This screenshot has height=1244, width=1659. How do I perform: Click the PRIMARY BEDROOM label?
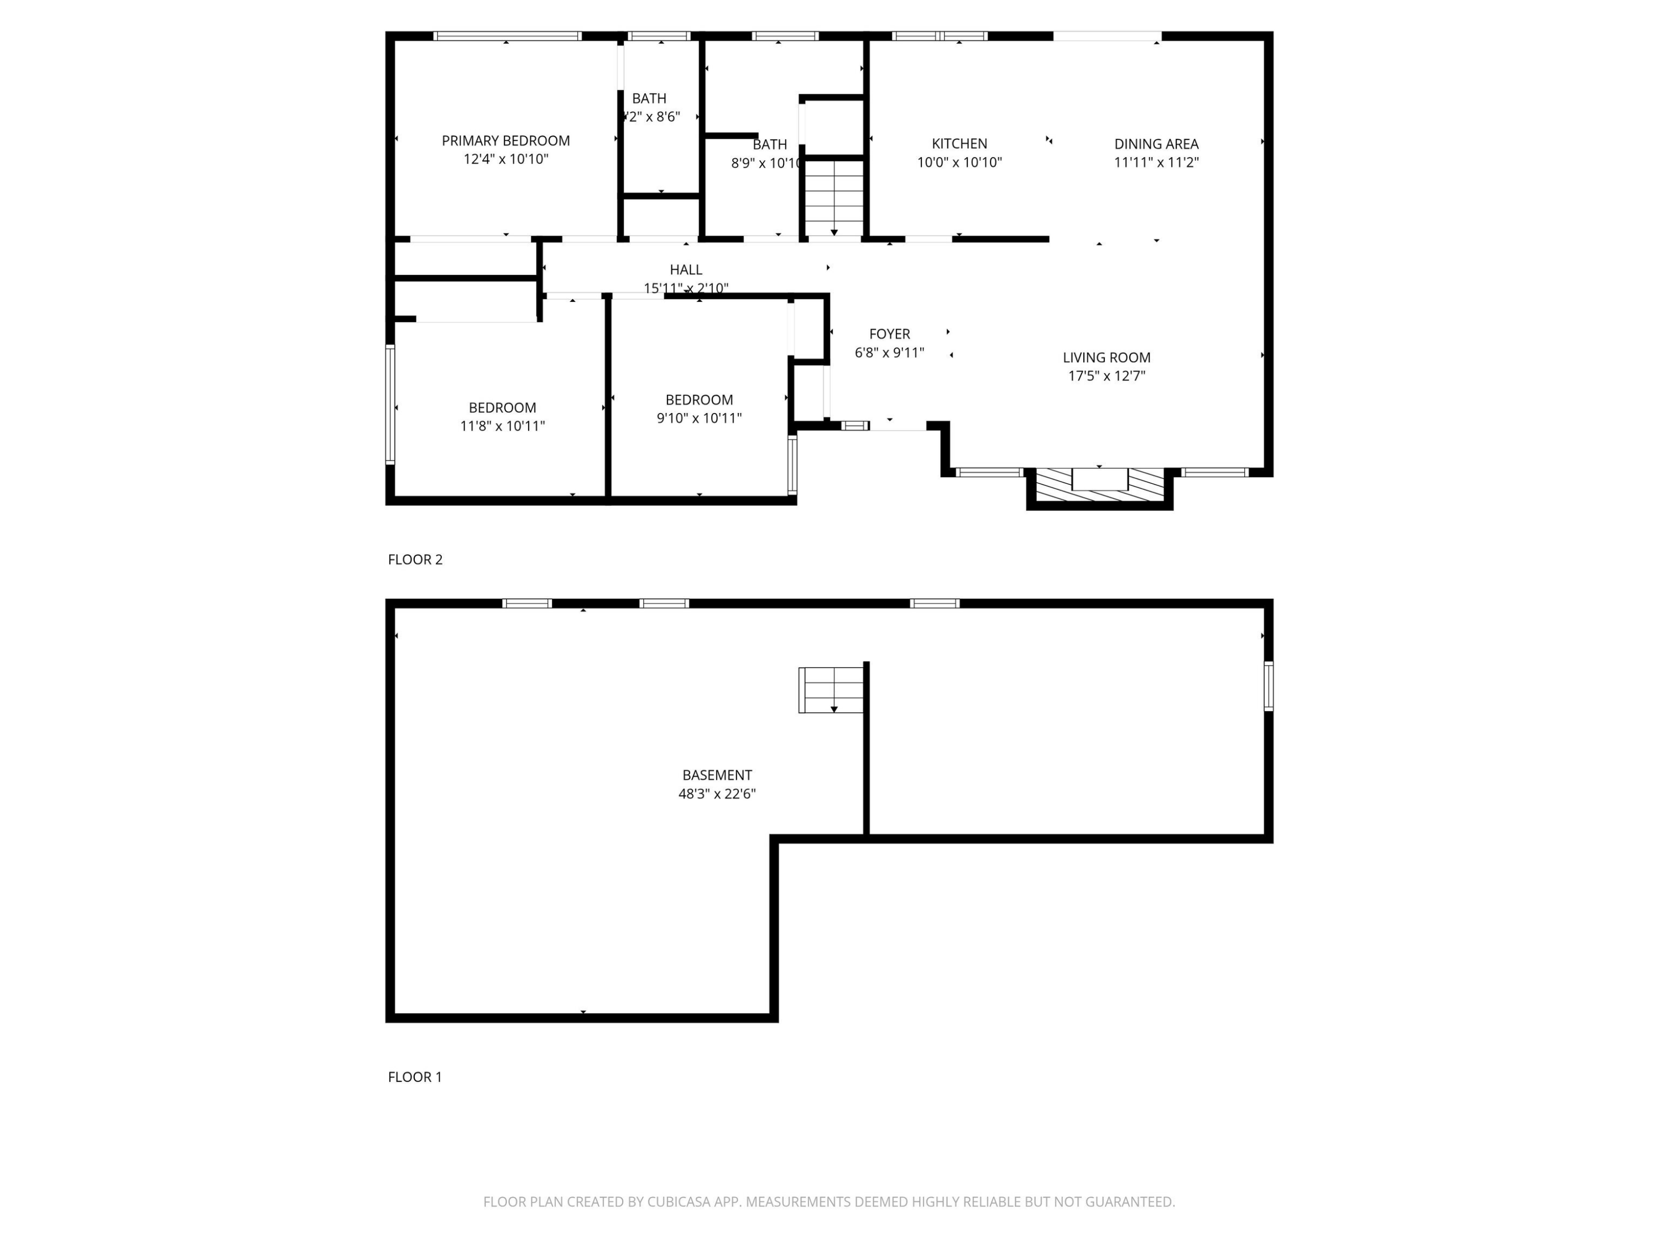click(505, 141)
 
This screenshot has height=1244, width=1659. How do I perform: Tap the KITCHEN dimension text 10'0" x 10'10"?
click(959, 163)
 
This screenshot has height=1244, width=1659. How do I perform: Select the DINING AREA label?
click(1156, 144)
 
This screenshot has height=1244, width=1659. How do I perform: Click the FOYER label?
click(889, 334)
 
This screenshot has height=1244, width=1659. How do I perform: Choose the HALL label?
click(686, 270)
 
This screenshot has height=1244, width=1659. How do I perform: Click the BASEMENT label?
click(716, 775)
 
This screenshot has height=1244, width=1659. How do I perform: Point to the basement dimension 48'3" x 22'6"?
click(716, 794)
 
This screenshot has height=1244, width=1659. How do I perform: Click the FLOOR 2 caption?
click(415, 560)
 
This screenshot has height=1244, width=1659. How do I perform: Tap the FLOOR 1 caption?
click(415, 1077)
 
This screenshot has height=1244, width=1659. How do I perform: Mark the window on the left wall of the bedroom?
click(390, 404)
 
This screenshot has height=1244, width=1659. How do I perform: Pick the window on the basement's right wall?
click(1268, 686)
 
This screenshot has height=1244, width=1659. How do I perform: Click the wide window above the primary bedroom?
click(507, 36)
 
